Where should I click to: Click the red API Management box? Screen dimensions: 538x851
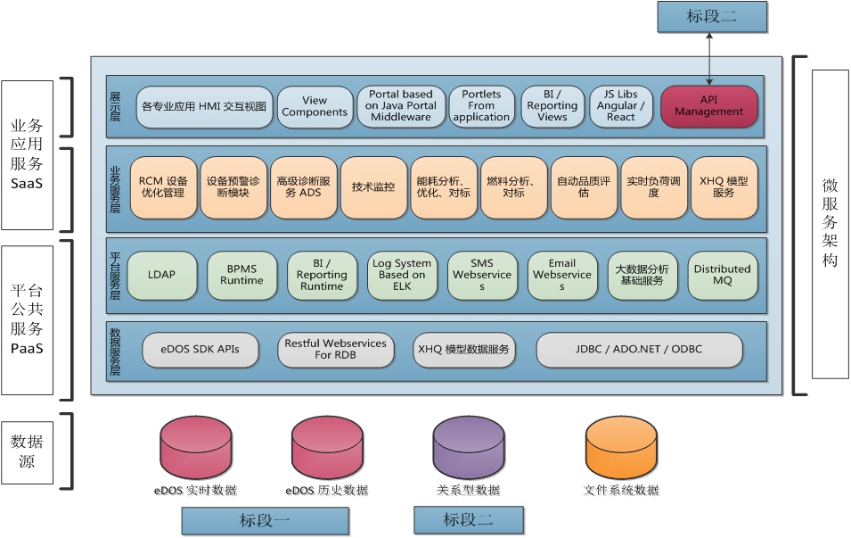(x=709, y=106)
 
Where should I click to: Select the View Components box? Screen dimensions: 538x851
(x=314, y=106)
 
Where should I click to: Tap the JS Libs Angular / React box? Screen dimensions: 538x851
(x=620, y=106)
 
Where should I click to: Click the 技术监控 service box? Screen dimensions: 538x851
(x=372, y=187)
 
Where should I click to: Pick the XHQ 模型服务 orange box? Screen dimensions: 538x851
(x=724, y=187)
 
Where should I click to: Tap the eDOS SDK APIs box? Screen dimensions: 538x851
(x=200, y=349)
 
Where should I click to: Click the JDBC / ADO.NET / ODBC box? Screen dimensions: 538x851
(x=639, y=349)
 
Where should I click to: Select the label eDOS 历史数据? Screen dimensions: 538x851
(x=326, y=491)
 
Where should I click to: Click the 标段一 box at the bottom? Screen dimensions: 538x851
(x=265, y=521)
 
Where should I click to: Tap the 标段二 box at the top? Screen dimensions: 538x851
(x=709, y=15)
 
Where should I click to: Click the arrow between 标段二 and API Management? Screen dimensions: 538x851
(x=709, y=57)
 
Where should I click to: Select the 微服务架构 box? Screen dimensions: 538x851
(x=830, y=225)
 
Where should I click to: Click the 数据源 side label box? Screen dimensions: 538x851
(x=28, y=451)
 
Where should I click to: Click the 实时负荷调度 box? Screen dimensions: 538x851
(x=653, y=187)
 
